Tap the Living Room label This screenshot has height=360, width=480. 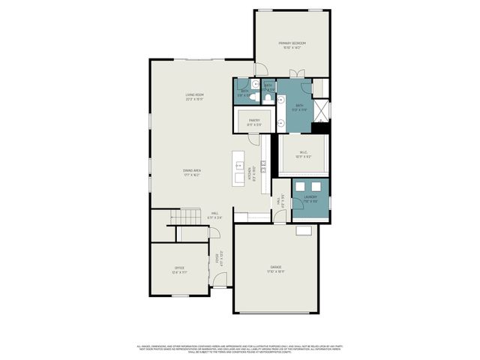(195, 96)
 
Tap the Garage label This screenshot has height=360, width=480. (277, 269)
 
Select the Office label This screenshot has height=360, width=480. (179, 269)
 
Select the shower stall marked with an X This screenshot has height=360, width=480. (322, 112)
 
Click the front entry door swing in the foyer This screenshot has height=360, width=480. (219, 280)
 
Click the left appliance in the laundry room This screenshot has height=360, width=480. (300, 186)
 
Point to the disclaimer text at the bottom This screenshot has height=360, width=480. (240, 349)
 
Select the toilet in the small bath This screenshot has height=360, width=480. (254, 98)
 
